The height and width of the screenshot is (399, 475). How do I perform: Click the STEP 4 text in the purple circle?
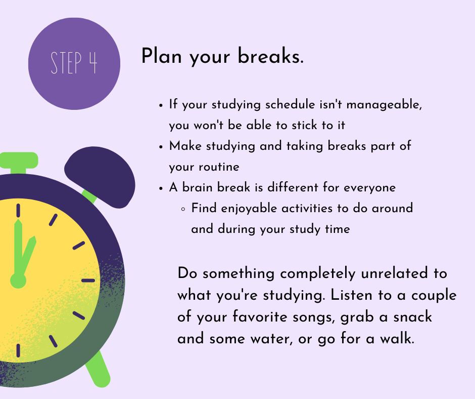(x=74, y=63)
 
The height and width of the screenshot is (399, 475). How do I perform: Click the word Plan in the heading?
(x=162, y=56)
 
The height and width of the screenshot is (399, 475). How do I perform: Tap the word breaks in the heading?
(x=270, y=56)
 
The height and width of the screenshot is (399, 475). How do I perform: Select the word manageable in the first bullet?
(x=384, y=105)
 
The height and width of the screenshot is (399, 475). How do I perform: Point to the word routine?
(x=219, y=167)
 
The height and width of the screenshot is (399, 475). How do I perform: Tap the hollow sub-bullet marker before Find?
(x=182, y=209)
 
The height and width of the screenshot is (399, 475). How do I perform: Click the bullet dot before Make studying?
(x=161, y=147)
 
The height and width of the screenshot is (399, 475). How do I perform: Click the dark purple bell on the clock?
(x=100, y=177)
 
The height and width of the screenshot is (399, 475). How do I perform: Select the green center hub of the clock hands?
(x=18, y=281)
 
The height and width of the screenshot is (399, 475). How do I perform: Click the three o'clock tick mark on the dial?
(x=88, y=281)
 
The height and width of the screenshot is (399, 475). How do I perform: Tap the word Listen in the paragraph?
(x=351, y=295)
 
